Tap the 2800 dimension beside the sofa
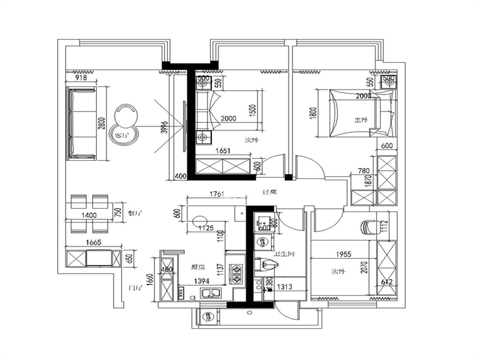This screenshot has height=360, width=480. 101,123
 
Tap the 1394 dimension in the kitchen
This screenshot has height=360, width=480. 203,281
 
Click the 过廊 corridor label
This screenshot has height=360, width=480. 269,192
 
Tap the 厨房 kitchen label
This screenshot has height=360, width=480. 198,266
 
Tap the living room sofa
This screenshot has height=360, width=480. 82,123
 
